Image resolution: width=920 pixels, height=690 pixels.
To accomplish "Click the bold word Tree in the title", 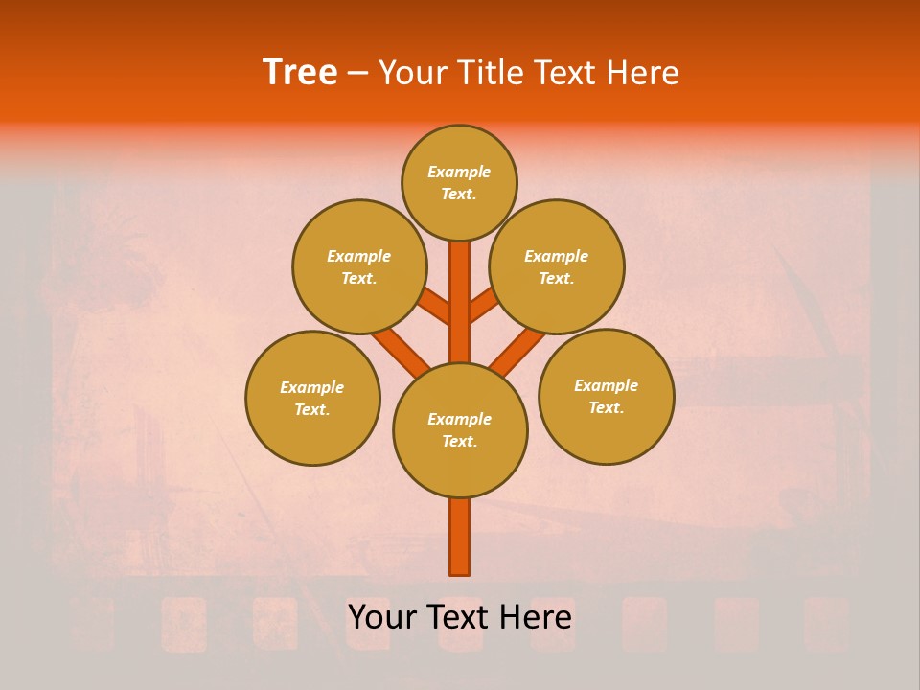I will pos(300,73).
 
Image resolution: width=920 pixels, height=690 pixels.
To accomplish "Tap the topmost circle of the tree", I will pos(459,182).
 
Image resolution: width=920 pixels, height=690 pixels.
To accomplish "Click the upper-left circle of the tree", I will pos(359,266).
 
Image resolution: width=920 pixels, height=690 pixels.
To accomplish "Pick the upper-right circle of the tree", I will pos(557,266).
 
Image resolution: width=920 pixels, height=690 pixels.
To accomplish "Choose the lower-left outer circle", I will pos(312,398).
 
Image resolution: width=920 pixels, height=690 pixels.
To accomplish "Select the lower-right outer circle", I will pos(607,396).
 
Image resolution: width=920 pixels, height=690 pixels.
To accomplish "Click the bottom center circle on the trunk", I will pos(460,430).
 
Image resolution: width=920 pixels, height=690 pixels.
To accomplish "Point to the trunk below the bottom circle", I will pos(460,537).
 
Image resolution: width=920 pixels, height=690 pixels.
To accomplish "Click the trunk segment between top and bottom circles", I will pos(460,302).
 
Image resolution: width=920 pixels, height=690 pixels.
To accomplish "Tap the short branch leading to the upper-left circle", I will pos(436,306).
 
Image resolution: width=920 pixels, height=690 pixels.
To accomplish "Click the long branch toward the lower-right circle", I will pos(518,351).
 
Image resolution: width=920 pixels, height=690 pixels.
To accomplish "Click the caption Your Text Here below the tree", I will pos(460,617).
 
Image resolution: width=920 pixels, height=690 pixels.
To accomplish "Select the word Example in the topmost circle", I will pos(459,172).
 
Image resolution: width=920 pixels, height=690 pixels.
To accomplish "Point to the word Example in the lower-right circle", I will pos(606,385).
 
